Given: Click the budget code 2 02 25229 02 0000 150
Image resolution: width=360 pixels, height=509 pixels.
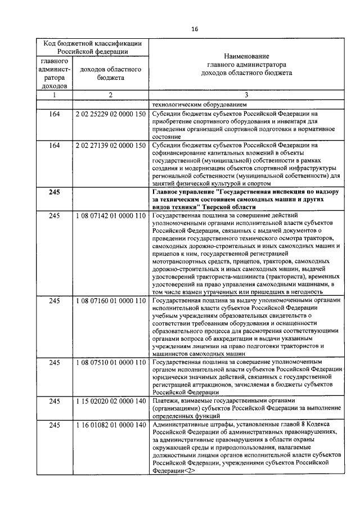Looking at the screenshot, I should (110, 114).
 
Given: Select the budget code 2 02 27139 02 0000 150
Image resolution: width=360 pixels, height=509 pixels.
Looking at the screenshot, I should (110, 146).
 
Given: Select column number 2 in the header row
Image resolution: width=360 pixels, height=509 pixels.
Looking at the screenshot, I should (110, 95).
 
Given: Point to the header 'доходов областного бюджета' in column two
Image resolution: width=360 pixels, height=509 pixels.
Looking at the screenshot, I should (110, 74).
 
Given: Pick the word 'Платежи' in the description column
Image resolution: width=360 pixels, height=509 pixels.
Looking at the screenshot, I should (166, 400).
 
